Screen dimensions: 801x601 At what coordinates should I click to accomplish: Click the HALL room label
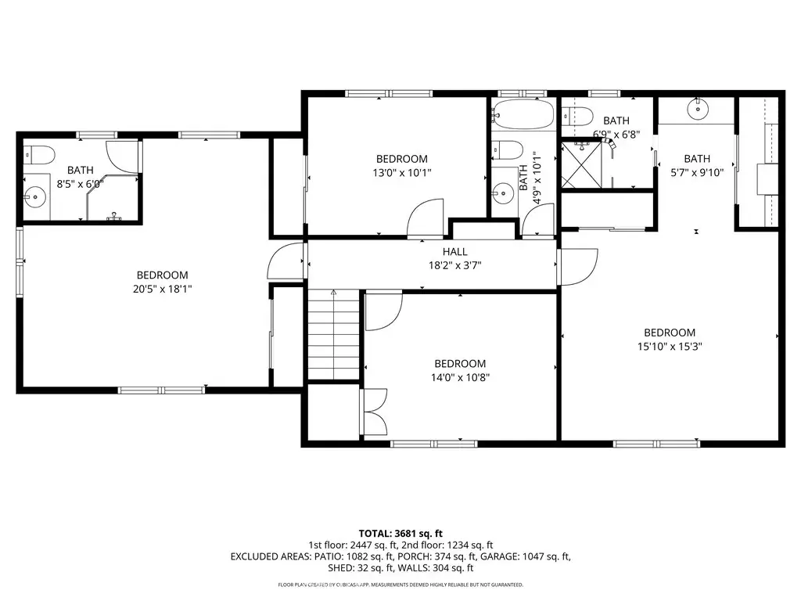coord(454,251)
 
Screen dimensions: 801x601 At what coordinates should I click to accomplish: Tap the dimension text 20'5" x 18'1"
coord(163,289)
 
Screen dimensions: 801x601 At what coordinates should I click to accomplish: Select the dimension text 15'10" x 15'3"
coord(670,346)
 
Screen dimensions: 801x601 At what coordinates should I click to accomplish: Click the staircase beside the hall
coord(333,335)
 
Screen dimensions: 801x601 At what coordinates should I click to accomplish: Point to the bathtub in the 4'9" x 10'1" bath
coord(523,113)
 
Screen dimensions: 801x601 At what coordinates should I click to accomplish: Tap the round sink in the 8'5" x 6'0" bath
coord(35,196)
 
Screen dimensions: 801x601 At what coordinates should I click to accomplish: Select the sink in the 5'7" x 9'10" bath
coord(697,108)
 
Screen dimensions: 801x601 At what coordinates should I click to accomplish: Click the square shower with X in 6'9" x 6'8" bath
coord(581,165)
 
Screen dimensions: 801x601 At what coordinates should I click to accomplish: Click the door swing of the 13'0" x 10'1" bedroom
coord(425,218)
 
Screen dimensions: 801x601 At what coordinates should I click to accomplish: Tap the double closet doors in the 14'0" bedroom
coord(374,412)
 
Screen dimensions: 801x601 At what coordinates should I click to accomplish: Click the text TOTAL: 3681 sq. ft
coord(400,534)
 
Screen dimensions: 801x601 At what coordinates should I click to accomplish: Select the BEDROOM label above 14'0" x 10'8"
coord(460,363)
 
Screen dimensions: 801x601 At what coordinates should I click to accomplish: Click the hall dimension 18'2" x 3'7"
coord(454,265)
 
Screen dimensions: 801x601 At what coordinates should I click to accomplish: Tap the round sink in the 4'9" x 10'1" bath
coord(503,193)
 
